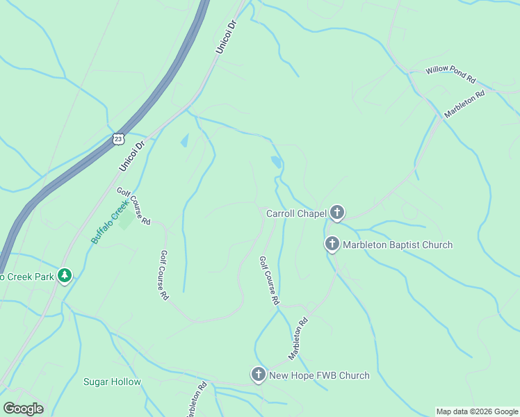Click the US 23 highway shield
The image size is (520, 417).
pos(118,140)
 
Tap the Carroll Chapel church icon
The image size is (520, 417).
pos(337,213)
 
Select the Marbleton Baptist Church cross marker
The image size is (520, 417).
pos(332,245)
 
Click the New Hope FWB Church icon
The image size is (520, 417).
pos(259,375)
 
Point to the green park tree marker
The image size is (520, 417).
pos(65,277)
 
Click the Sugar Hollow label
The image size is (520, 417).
pos(112,382)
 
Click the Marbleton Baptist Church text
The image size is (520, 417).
pos(397,245)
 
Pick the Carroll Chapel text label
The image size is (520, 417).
pos(296,213)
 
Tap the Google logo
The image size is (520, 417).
pos(22,409)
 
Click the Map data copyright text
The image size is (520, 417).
pos(476,411)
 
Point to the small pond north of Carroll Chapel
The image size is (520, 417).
pos(277,163)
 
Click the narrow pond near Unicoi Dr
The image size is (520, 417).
pos(184,140)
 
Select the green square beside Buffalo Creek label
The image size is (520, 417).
pos(126,222)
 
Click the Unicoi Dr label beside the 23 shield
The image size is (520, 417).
pos(131,154)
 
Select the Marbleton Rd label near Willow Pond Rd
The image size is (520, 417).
pos(464,104)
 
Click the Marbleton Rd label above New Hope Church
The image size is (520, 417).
pos(298,338)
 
